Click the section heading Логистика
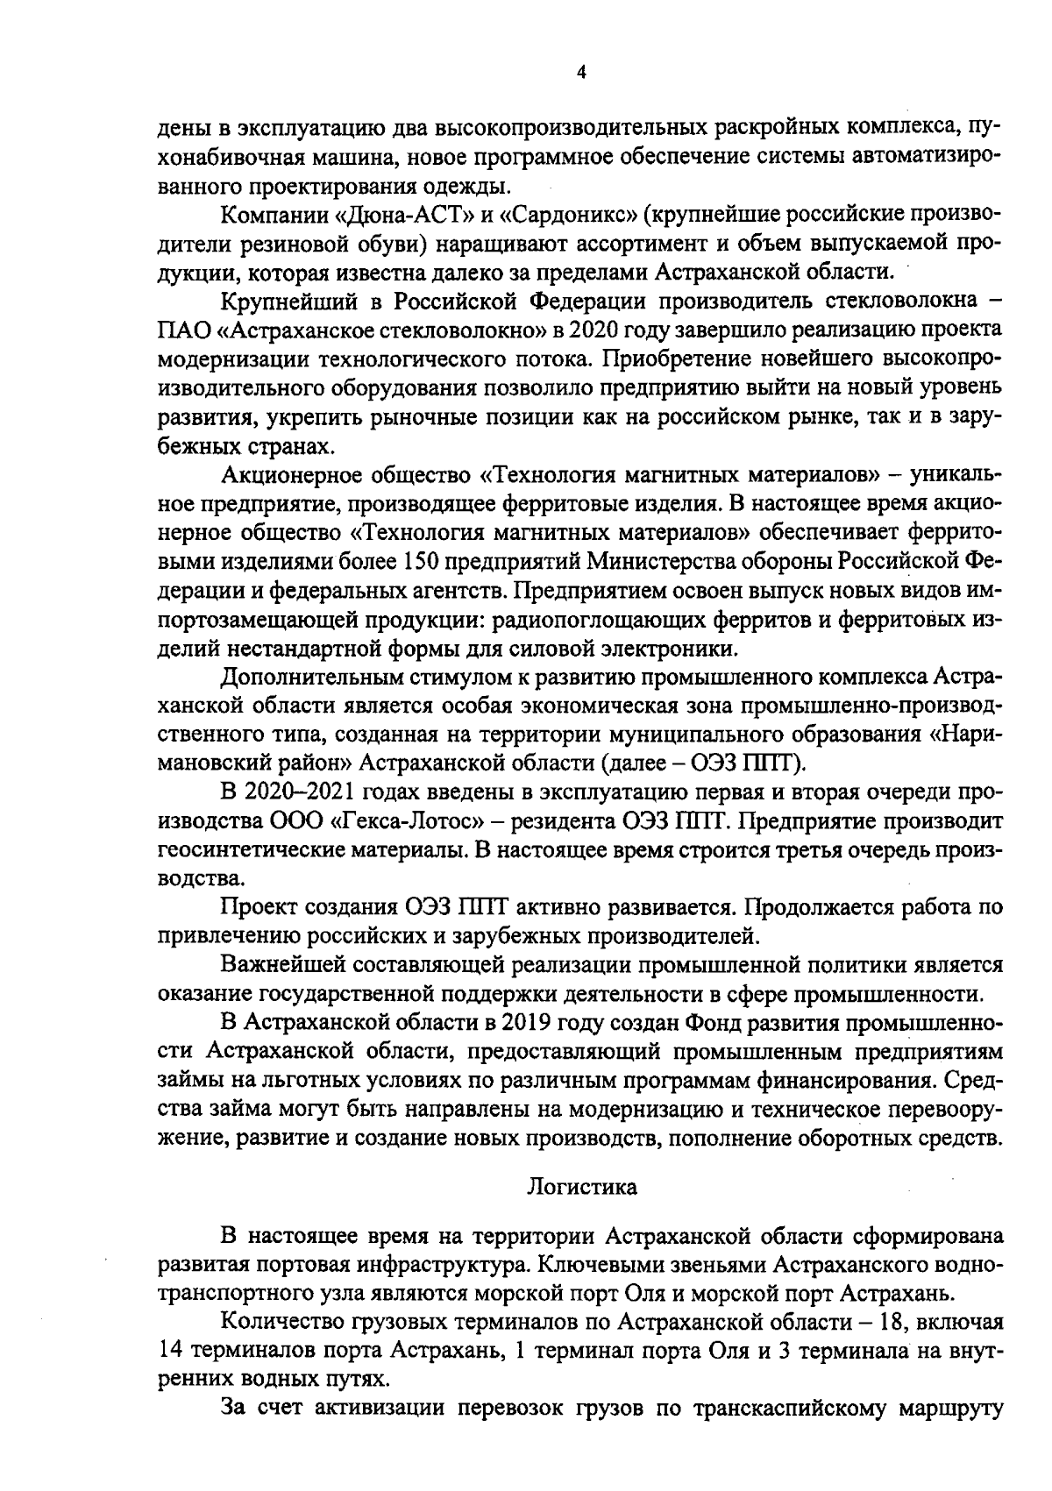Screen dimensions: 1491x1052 coord(582,1188)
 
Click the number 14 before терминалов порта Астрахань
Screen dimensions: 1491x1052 coord(172,1350)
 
